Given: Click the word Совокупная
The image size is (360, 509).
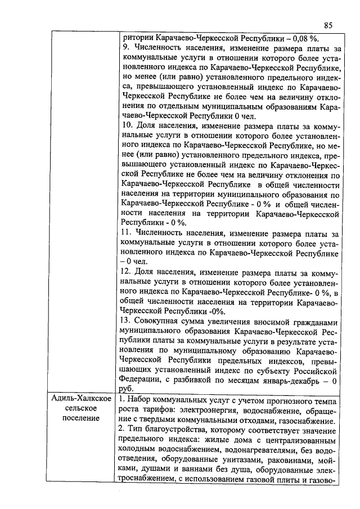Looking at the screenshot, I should pos(159,321).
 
